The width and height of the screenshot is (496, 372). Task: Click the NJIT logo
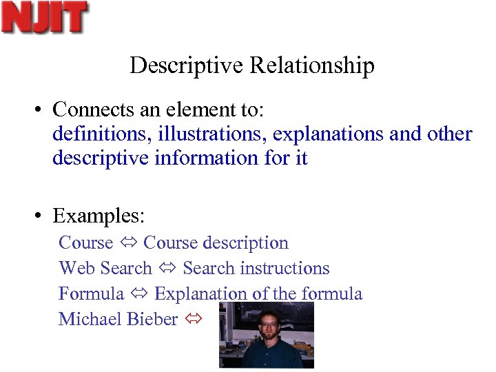tap(45, 17)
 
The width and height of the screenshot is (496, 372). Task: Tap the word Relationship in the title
tap(312, 65)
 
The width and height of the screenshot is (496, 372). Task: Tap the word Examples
tap(99, 216)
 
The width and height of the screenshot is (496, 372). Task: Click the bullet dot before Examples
tap(41, 216)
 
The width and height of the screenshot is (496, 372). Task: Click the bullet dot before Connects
tap(41, 110)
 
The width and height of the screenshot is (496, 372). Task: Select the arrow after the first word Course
tap(128, 243)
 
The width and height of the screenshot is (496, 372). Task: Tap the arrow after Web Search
tap(167, 269)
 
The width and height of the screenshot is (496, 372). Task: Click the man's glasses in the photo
tap(268, 324)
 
